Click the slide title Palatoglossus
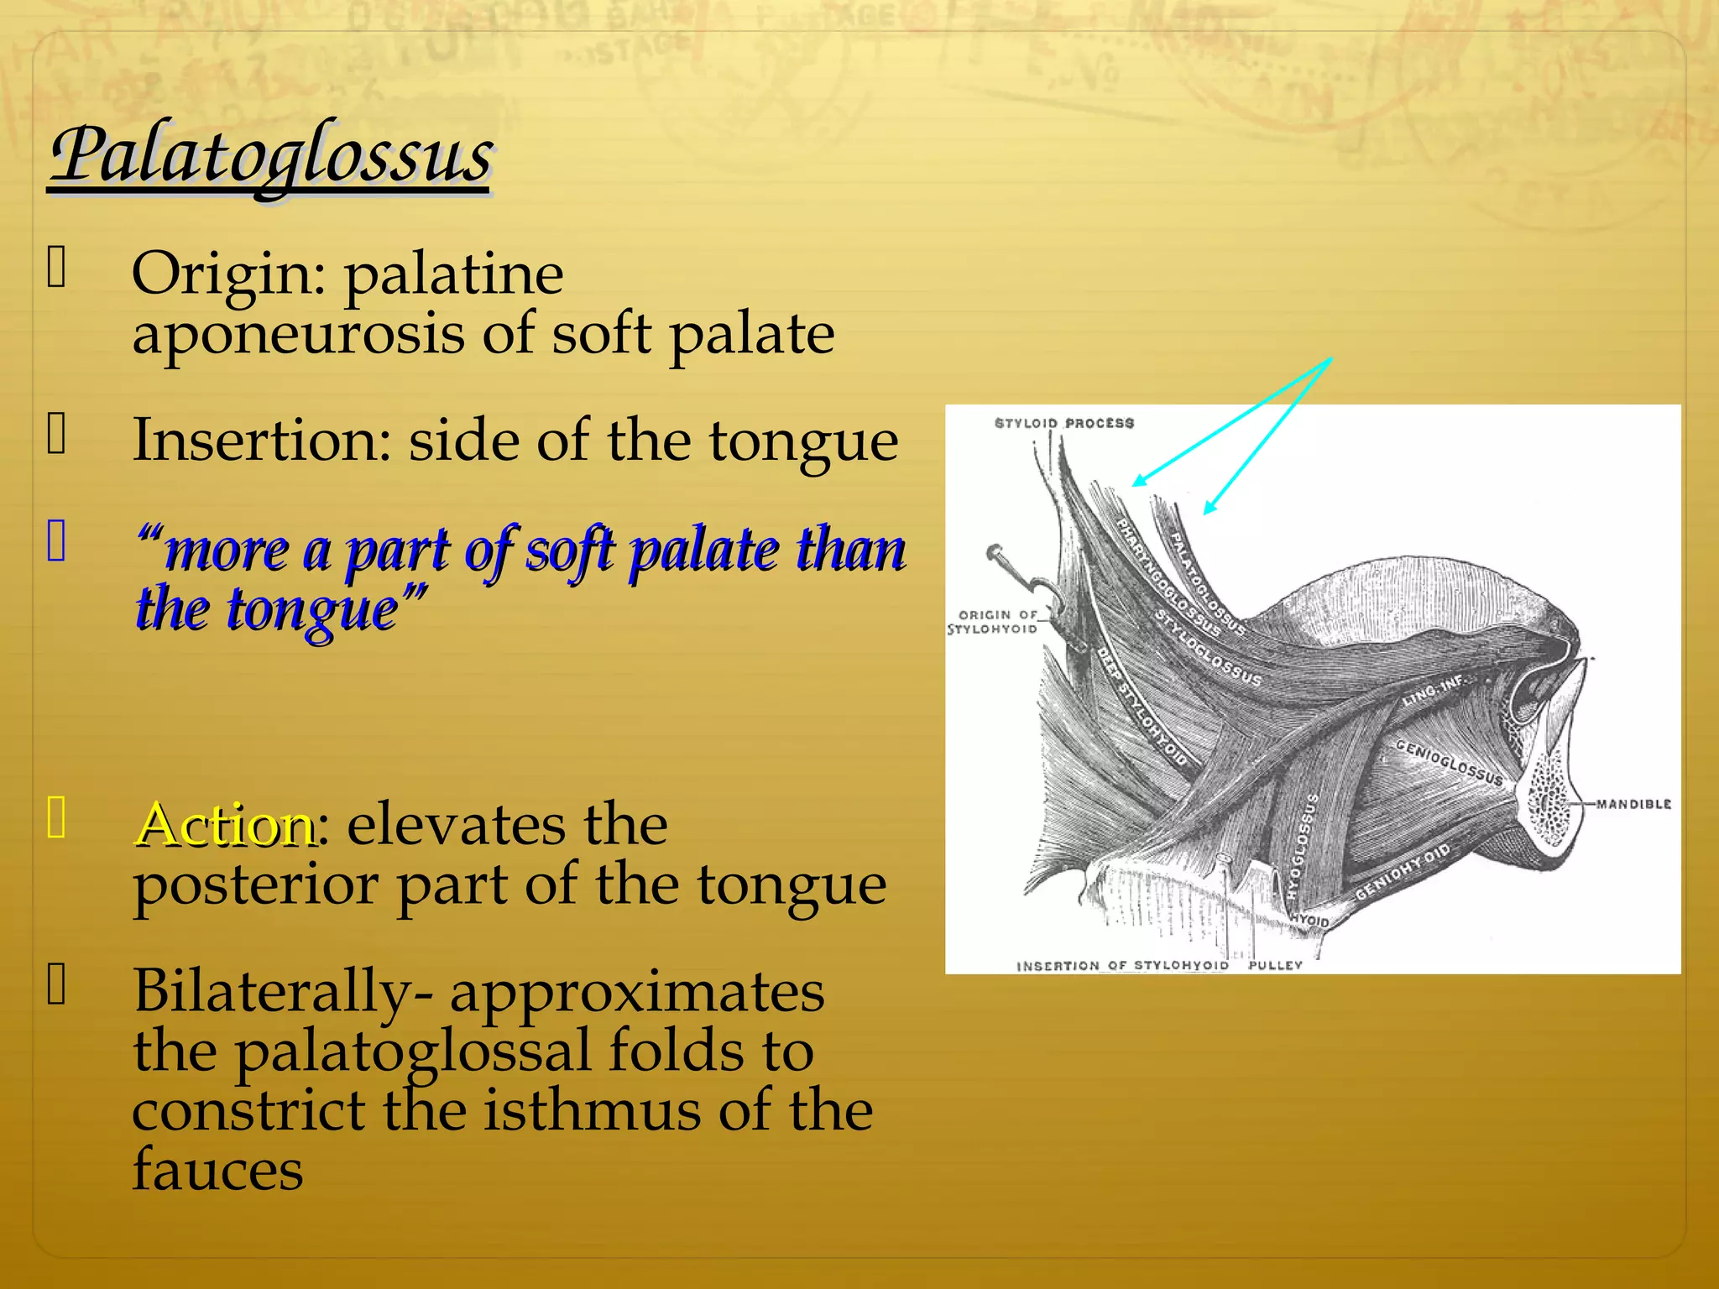(270, 155)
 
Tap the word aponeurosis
(298, 334)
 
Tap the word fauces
(217, 1170)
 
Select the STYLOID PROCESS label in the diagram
(1063, 423)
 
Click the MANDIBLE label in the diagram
(1633, 804)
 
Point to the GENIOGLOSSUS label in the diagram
(1449, 762)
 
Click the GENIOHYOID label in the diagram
(1403, 873)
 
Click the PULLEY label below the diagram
(1274, 965)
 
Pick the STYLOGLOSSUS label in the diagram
(1209, 649)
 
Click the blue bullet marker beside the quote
(56, 540)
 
